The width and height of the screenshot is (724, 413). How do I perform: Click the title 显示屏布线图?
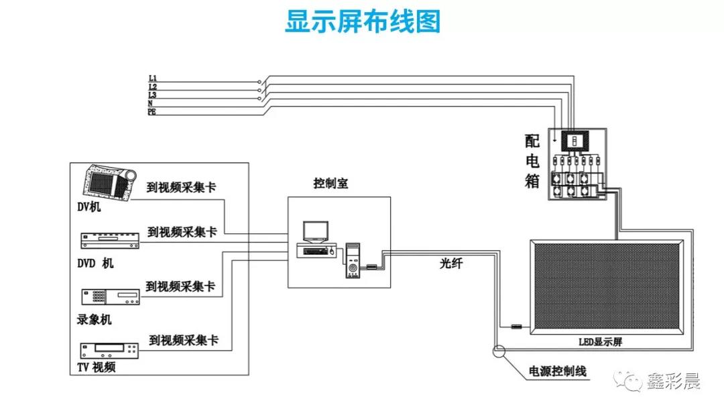363,21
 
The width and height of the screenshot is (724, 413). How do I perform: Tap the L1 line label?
153,79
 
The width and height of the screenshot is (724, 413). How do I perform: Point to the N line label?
150,103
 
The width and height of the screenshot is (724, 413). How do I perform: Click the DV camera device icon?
109,183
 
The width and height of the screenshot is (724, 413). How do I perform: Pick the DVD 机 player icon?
109,239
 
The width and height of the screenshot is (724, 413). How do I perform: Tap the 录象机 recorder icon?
110,298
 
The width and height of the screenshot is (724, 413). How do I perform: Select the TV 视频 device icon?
109,350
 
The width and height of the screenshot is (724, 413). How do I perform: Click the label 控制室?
330,184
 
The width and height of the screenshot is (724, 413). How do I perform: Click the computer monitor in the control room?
315,232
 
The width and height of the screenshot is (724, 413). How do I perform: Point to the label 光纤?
450,264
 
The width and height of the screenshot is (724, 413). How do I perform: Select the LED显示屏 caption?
601,342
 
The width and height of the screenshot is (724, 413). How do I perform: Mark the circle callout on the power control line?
499,350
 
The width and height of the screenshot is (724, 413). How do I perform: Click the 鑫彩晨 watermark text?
673,382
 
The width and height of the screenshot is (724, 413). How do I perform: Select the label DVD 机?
95,263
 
